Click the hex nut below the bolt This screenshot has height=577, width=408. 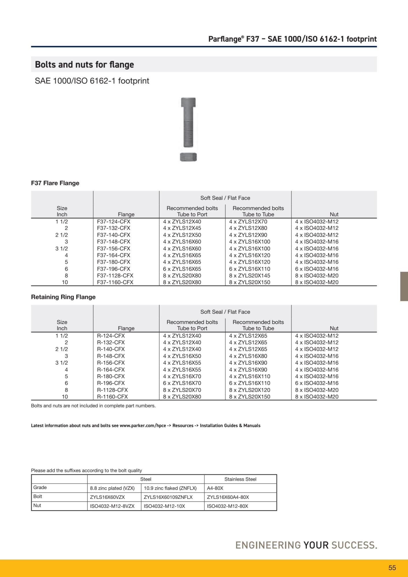[188, 157]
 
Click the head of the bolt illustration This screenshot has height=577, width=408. [188, 102]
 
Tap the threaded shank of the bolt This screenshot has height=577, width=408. [188, 133]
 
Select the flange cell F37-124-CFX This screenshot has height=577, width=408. [113, 222]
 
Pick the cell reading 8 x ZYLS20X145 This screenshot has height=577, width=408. [250, 276]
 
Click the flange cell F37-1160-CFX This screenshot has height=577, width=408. [115, 282]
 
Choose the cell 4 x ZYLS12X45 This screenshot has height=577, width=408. [182, 228]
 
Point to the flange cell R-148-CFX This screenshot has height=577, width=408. [111, 356]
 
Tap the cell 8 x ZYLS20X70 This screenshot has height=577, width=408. [182, 390]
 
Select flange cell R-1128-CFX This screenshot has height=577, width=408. [112, 390]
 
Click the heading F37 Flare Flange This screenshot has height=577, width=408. [55, 183]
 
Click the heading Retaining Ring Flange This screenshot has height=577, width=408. [63, 297]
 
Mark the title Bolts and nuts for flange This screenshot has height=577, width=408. [84, 64]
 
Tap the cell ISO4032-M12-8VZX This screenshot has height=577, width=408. [112, 506]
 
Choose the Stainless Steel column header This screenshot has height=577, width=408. [240, 479]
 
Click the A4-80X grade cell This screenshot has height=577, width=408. [215, 488]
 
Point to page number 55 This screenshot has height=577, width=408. [392, 568]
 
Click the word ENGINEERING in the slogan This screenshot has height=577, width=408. [268, 545]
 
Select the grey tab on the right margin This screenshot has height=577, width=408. [404, 286]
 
